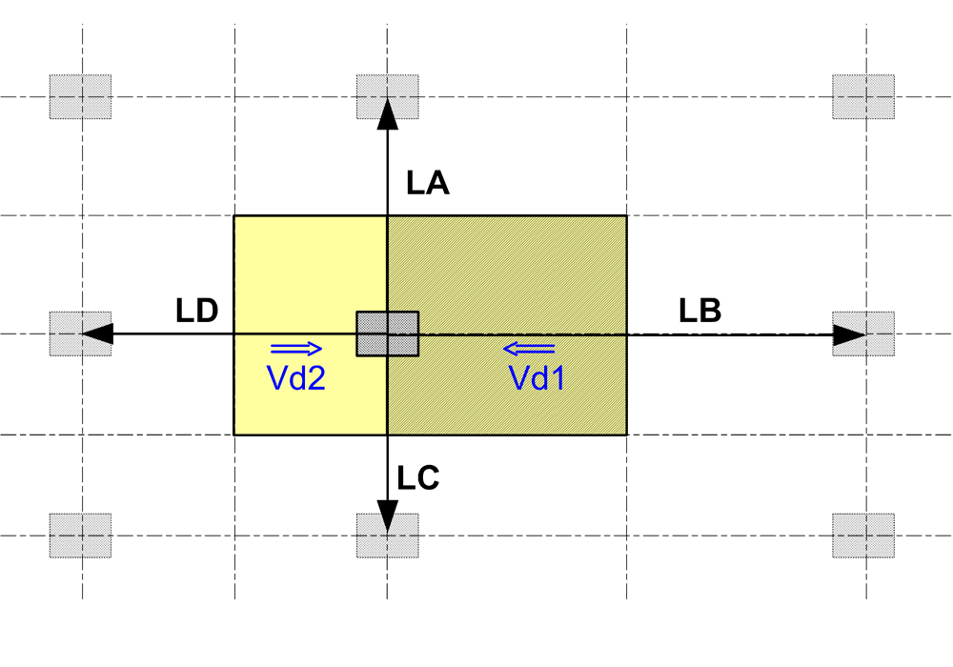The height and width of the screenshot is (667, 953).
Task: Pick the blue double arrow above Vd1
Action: [530, 348]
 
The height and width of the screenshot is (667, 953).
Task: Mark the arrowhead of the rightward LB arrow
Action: [848, 334]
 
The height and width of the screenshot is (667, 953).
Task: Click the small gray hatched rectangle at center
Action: [387, 334]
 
